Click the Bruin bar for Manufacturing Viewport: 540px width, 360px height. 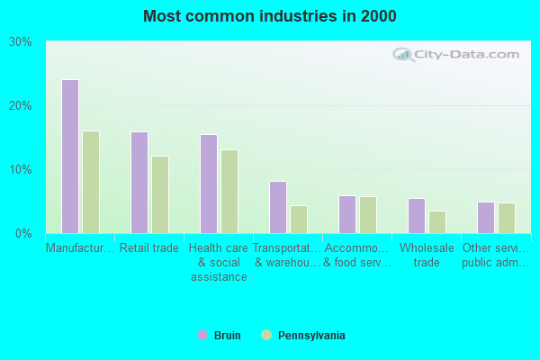coord(70,157)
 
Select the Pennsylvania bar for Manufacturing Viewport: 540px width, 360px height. coord(91,182)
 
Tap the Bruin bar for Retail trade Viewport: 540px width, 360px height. coord(139,183)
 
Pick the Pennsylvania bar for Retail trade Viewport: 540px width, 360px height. coord(160,194)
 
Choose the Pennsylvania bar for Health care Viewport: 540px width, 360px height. coord(229,192)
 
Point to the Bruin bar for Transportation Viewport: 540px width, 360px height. coord(278,207)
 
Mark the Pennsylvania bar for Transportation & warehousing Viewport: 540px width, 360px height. coord(299,220)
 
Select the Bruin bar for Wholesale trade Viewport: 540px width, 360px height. coord(417,216)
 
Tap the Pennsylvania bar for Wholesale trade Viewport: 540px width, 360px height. coord(437,222)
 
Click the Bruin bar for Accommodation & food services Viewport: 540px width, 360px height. coord(347,214)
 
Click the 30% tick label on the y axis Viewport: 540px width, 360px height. coord(21,42)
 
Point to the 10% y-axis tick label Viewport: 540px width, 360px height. coord(21,170)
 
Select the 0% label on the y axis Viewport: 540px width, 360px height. coord(23,234)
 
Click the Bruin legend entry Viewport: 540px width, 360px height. coord(220,336)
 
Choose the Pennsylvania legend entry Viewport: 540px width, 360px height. coord(302,336)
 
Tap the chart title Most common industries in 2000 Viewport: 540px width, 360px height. coord(269,16)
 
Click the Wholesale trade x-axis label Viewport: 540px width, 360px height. coord(427,255)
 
